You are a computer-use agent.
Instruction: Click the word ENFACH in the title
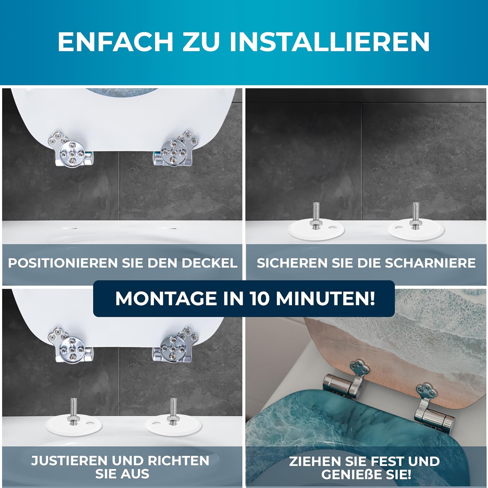pos(115,42)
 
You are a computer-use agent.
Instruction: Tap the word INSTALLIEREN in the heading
pos(330,42)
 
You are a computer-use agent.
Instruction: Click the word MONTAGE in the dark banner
pos(167,298)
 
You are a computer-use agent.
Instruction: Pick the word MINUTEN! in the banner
pos(325,298)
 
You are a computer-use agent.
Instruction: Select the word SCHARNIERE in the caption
pos(430,263)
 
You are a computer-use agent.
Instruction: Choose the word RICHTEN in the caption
pos(179,461)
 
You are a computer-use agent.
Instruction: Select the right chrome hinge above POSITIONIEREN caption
pos(176,149)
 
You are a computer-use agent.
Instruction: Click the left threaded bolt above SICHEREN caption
pos(316,216)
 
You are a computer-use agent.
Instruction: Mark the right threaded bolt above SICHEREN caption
pos(415,216)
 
